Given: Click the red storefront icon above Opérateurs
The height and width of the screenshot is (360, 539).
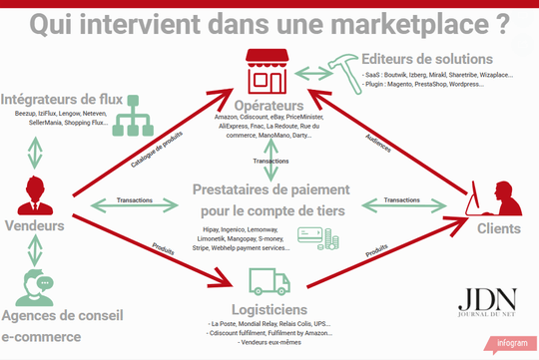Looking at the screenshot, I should point(270,69).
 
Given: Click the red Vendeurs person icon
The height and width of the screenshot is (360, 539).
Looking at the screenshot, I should point(36,194).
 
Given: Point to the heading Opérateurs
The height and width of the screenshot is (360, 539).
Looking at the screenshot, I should point(269,105).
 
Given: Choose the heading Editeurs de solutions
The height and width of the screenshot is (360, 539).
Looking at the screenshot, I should point(428,59).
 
